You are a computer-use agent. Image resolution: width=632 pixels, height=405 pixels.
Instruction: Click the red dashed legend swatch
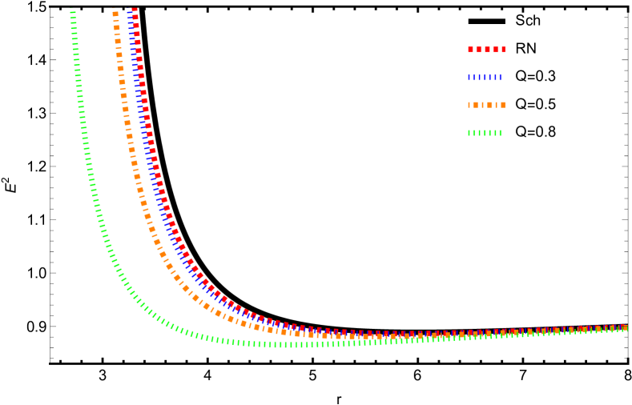[486, 50]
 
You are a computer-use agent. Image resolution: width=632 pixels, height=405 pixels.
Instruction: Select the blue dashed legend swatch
[485, 78]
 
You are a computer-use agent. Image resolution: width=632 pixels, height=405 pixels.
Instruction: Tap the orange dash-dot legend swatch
[486, 105]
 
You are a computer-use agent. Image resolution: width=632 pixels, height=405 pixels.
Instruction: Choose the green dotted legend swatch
[485, 133]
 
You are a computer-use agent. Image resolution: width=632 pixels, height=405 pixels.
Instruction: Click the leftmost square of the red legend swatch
[471, 50]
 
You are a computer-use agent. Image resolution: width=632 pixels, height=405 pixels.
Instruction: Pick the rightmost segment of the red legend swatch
[503, 50]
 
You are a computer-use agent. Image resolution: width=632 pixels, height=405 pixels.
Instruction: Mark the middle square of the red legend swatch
[487, 50]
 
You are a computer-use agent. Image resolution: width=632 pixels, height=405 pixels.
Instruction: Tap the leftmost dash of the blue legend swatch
[469, 78]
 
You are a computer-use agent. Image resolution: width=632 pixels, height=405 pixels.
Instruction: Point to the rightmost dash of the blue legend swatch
[500, 78]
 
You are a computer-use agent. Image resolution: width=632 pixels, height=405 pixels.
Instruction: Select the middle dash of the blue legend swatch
[485, 78]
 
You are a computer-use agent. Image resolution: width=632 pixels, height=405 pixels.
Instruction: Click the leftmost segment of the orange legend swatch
[469, 105]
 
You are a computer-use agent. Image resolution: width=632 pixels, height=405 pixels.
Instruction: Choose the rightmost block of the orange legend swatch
[503, 105]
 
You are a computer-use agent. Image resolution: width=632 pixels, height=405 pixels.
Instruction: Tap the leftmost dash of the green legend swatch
[469, 133]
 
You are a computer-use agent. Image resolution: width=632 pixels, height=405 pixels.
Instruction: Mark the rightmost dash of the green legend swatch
[500, 133]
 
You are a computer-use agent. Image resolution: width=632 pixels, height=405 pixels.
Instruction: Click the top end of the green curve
[72, 10]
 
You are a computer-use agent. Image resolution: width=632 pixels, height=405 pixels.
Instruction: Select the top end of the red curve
[135, 10]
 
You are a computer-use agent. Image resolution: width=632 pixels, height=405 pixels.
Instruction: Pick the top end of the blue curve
[129, 10]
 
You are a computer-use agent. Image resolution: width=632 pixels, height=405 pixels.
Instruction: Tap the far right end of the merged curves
[625, 328]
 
